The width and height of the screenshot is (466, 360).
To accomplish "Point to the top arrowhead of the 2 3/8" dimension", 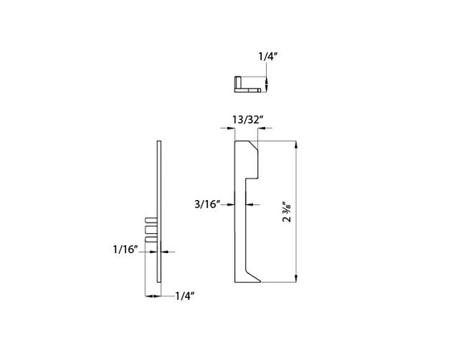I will pos(298,145).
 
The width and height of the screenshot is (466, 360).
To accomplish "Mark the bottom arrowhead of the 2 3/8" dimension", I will pos(298,279).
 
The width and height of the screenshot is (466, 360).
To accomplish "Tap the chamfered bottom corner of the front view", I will pos(252,277).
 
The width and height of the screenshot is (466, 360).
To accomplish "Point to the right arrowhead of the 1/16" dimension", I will pos(163,251).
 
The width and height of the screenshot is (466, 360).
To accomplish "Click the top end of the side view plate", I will pos(159,145).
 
